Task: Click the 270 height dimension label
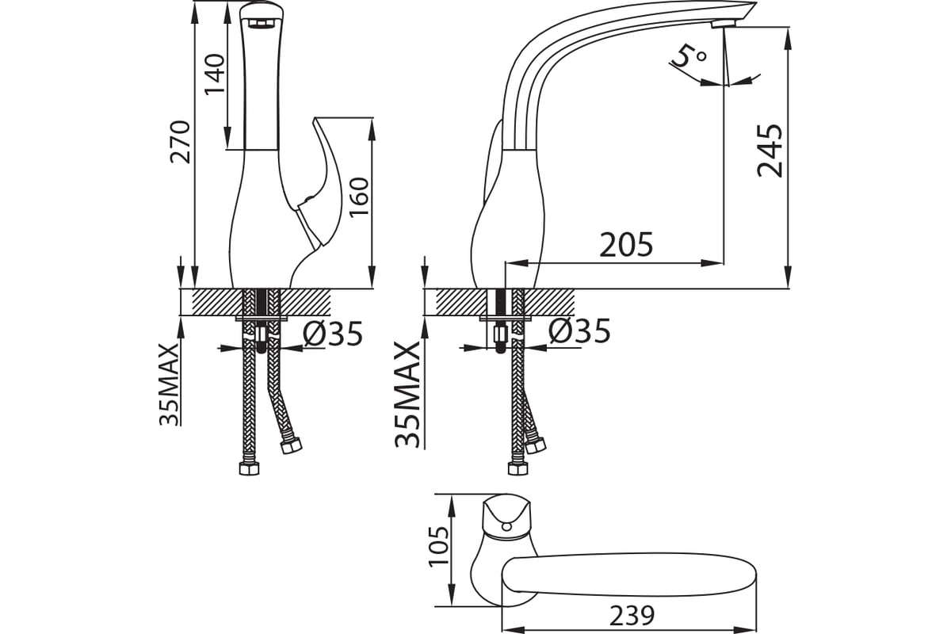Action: (x=180, y=142)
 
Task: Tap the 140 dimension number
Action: (x=215, y=74)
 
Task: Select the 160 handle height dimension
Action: (x=359, y=197)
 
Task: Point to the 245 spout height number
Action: (x=770, y=151)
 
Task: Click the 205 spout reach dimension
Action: (x=626, y=245)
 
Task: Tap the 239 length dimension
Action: (x=632, y=615)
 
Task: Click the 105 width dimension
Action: (x=438, y=547)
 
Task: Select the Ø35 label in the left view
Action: (x=333, y=334)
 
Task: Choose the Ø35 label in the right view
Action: (x=579, y=330)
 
